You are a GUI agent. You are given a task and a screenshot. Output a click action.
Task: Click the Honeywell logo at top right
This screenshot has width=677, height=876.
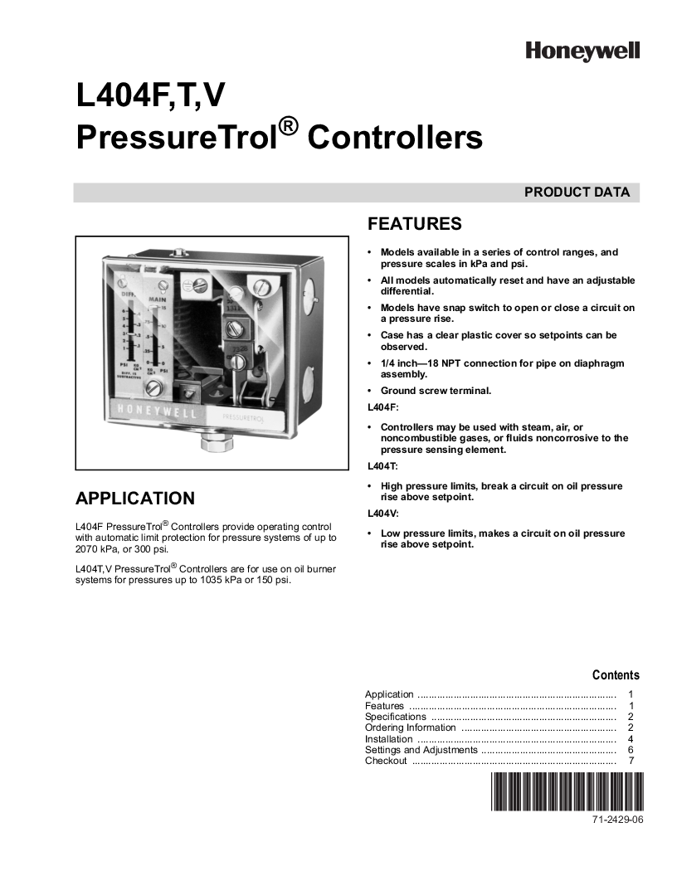pyautogui.click(x=582, y=51)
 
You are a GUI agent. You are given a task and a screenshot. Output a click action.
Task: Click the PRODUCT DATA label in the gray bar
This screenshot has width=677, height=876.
pyautogui.click(x=577, y=192)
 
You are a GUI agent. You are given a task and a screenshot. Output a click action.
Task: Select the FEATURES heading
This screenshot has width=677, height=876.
pyautogui.click(x=414, y=225)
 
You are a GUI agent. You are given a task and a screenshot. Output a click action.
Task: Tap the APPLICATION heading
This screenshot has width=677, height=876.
pyautogui.click(x=135, y=499)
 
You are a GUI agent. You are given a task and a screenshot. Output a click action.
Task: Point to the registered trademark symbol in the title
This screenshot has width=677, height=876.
pyautogui.click(x=288, y=125)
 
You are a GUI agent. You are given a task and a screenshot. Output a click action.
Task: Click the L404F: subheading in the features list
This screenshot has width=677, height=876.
pyautogui.click(x=382, y=408)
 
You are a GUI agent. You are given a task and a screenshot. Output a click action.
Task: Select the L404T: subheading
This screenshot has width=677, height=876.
pyautogui.click(x=382, y=467)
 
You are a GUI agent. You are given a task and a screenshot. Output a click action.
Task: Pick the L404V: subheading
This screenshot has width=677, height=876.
pyautogui.click(x=382, y=514)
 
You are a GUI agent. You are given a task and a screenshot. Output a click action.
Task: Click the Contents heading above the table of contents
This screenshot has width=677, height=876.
pyautogui.click(x=616, y=675)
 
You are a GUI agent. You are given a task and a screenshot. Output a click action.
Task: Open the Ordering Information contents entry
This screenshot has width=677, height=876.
pyautogui.click(x=411, y=728)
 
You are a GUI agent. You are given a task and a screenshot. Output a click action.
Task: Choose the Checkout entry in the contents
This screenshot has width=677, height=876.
pyautogui.click(x=386, y=761)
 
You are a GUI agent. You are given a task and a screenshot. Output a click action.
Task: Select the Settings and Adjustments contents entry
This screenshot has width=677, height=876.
pyautogui.click(x=421, y=750)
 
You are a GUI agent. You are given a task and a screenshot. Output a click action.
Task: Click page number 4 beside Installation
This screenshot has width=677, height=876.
pyautogui.click(x=631, y=738)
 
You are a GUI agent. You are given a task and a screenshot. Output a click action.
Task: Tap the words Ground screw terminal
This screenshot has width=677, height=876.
pyautogui.click(x=436, y=391)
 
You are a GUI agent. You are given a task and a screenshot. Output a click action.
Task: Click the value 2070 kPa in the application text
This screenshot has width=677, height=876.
pyautogui.click(x=97, y=549)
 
